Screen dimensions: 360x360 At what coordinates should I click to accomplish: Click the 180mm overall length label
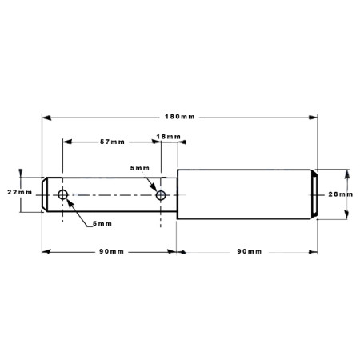pyautogui.click(x=180, y=117)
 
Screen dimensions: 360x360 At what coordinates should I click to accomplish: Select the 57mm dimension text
pyautogui.click(x=112, y=142)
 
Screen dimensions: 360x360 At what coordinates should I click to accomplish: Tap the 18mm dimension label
pyautogui.click(x=168, y=137)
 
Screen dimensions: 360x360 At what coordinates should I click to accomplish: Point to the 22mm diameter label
pyautogui.click(x=19, y=192)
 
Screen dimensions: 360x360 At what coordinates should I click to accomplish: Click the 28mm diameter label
pyautogui.click(x=341, y=194)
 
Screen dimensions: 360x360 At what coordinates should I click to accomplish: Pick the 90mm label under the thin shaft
pyautogui.click(x=111, y=251)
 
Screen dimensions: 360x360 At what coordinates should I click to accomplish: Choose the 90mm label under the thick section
pyautogui.click(x=250, y=251)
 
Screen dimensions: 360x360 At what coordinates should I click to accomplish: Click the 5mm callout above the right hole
pyautogui.click(x=140, y=168)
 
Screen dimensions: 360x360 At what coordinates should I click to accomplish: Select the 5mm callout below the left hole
pyautogui.click(x=102, y=224)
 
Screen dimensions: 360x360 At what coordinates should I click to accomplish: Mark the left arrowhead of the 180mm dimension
pyautogui.click(x=46, y=118)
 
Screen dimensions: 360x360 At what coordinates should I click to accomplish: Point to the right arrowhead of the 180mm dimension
pyautogui.click(x=313, y=118)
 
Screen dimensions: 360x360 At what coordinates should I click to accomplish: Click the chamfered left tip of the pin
pyautogui.click(x=45, y=194)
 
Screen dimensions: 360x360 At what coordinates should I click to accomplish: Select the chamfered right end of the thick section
pyautogui.click(x=314, y=194)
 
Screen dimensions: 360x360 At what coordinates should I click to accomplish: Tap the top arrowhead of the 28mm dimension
pyautogui.click(x=346, y=174)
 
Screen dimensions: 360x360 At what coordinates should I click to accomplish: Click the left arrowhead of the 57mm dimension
pyautogui.click(x=67, y=142)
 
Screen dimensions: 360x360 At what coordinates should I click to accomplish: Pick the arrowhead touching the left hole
pyautogui.click(x=70, y=203)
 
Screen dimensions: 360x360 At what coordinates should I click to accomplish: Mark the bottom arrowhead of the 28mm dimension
pyautogui.click(x=346, y=214)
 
